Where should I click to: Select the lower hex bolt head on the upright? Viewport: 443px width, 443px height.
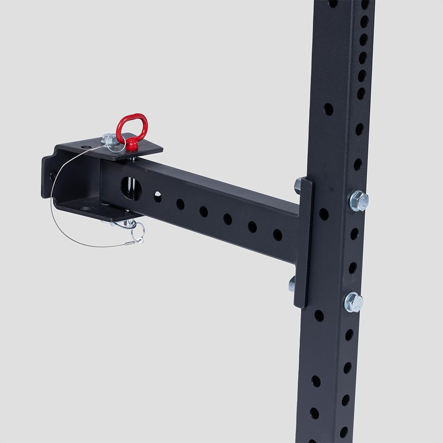point(354,302)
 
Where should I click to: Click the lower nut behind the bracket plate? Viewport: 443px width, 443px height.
point(292,284)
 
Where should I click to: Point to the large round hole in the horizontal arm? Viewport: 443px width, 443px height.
point(131,188)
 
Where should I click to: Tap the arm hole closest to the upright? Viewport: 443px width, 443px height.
point(277,235)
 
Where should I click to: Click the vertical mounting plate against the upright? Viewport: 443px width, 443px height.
point(304,244)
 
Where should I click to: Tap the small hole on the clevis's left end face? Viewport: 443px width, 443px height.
point(53,175)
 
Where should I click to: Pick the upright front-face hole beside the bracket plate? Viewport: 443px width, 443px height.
point(324,214)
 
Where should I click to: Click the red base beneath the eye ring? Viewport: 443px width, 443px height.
point(131,144)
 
